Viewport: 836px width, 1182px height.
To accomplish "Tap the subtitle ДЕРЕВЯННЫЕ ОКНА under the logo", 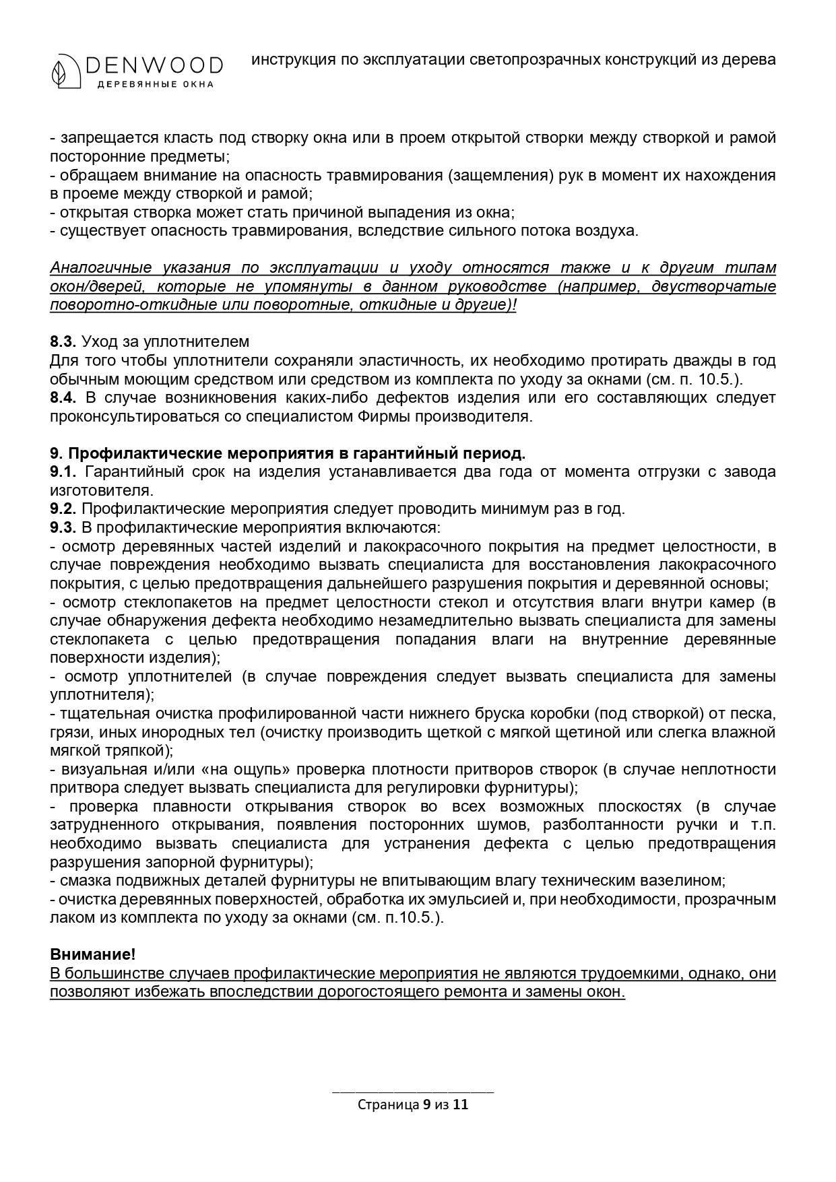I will [x=156, y=84].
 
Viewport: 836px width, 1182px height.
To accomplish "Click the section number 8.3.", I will [x=63, y=341].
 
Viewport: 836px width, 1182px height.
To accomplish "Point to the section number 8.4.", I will [x=63, y=397].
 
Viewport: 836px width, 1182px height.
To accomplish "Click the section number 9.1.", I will [x=63, y=471].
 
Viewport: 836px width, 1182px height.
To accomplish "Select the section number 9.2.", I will [x=63, y=508].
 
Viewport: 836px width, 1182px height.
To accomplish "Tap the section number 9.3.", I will [x=63, y=527].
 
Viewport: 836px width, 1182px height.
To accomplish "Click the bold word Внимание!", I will [x=93, y=954].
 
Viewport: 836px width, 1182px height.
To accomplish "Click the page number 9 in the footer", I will [x=426, y=1105].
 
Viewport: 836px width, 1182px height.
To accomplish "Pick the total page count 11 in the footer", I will [x=461, y=1105].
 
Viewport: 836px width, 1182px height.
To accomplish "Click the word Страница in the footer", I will [x=389, y=1105].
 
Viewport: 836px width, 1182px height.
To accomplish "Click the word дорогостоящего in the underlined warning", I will [x=378, y=992].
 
